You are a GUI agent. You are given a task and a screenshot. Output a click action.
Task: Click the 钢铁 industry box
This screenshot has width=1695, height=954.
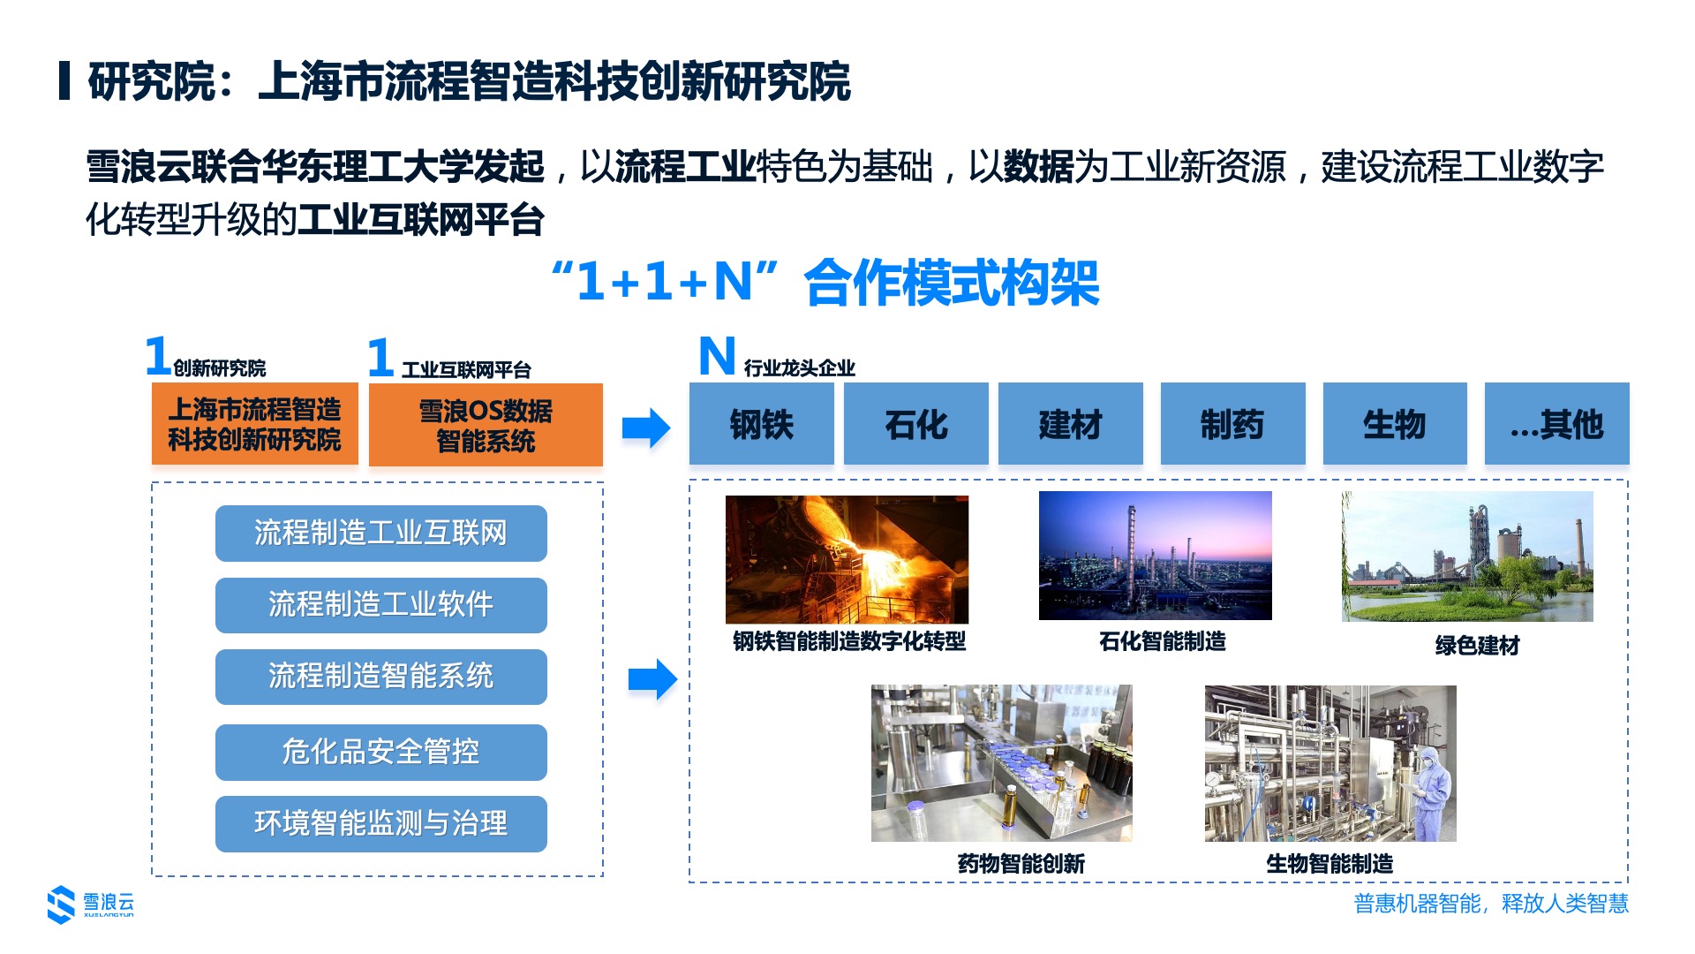coord(761,423)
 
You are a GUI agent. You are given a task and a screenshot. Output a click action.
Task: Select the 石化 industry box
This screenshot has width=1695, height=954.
coord(915,423)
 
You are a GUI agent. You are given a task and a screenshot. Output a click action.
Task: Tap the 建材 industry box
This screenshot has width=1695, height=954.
coord(1070,423)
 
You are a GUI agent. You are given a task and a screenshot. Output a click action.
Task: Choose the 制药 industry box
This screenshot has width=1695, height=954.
coord(1232,423)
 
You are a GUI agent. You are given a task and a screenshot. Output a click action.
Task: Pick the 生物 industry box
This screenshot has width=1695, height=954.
coord(1395,423)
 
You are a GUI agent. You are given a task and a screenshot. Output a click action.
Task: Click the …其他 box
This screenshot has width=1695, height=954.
coord(1557,423)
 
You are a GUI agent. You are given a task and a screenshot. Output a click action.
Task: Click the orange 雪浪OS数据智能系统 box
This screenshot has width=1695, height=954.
coord(486,425)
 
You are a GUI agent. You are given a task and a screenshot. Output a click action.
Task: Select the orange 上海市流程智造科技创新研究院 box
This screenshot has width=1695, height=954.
coord(255,424)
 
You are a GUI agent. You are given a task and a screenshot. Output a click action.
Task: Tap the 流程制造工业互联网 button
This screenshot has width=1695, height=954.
coord(381,534)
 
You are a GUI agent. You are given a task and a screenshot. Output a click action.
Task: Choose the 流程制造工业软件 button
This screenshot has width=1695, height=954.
coord(381,605)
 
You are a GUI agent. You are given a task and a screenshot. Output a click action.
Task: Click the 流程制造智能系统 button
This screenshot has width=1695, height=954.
coord(381,677)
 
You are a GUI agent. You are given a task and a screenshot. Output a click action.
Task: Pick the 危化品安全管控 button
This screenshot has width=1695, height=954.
coord(381,753)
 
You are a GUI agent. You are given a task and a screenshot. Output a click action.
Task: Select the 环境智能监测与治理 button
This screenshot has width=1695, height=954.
coord(381,824)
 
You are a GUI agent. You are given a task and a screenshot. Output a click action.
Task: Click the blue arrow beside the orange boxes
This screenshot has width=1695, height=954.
coord(646,428)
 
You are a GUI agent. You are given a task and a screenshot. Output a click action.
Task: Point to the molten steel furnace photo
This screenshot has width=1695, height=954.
coord(847,559)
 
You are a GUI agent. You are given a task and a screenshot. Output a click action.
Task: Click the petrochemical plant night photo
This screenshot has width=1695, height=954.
coord(1156,556)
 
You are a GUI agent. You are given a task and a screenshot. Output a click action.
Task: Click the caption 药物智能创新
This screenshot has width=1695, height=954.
coord(1021,864)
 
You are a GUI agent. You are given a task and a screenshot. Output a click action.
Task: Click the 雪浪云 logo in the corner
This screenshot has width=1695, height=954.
coord(91,905)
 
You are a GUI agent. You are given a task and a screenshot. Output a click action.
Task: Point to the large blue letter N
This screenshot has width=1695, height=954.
coord(717,356)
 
